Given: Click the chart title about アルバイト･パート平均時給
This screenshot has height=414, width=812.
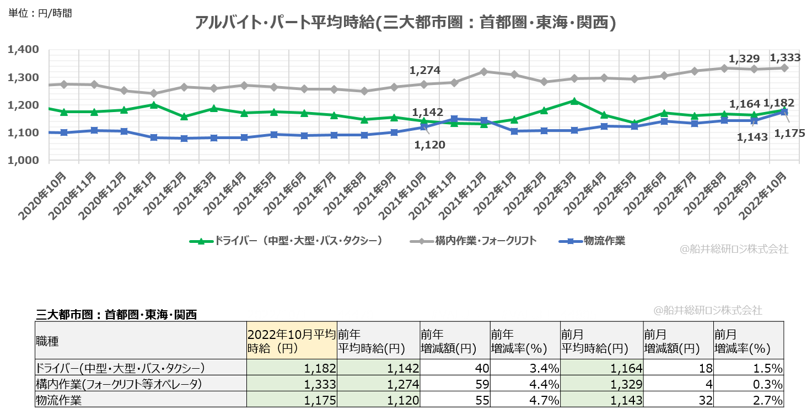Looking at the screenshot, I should pyautogui.click(x=405, y=23).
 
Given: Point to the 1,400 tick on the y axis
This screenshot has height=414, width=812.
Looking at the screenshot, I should pyautogui.click(x=23, y=50).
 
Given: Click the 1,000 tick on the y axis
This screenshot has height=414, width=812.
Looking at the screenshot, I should pyautogui.click(x=23, y=161).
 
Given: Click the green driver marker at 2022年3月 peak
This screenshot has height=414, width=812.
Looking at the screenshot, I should pyautogui.click(x=574, y=101).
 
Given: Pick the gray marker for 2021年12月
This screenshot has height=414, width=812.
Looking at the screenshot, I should pyautogui.click(x=484, y=72).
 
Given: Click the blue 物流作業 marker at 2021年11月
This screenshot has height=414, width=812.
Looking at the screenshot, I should pyautogui.click(x=454, y=119).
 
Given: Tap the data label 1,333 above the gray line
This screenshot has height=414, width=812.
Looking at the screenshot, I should pyautogui.click(x=784, y=57).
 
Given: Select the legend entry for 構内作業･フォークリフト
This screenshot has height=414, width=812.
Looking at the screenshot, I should pyautogui.click(x=473, y=241).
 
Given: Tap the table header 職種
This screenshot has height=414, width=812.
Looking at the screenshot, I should pyautogui.click(x=47, y=341).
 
